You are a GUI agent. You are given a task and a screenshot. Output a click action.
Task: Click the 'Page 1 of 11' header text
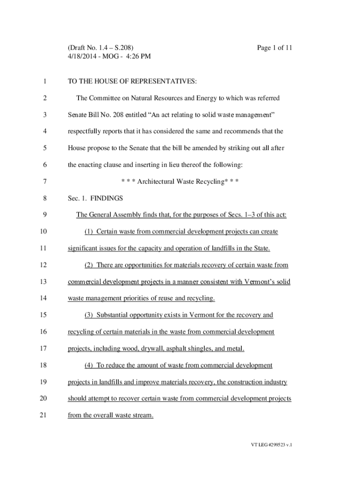tap(274, 48)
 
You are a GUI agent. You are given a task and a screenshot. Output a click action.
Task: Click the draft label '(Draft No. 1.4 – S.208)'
tap(101, 48)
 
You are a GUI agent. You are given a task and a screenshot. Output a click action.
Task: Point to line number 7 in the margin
tap(44, 181)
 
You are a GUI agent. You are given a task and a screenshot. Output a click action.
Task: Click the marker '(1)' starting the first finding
tap(89, 232)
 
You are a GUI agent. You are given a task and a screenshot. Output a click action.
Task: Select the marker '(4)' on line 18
tap(89, 365)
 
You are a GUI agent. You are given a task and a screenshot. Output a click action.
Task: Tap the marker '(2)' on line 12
tap(89, 265)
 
